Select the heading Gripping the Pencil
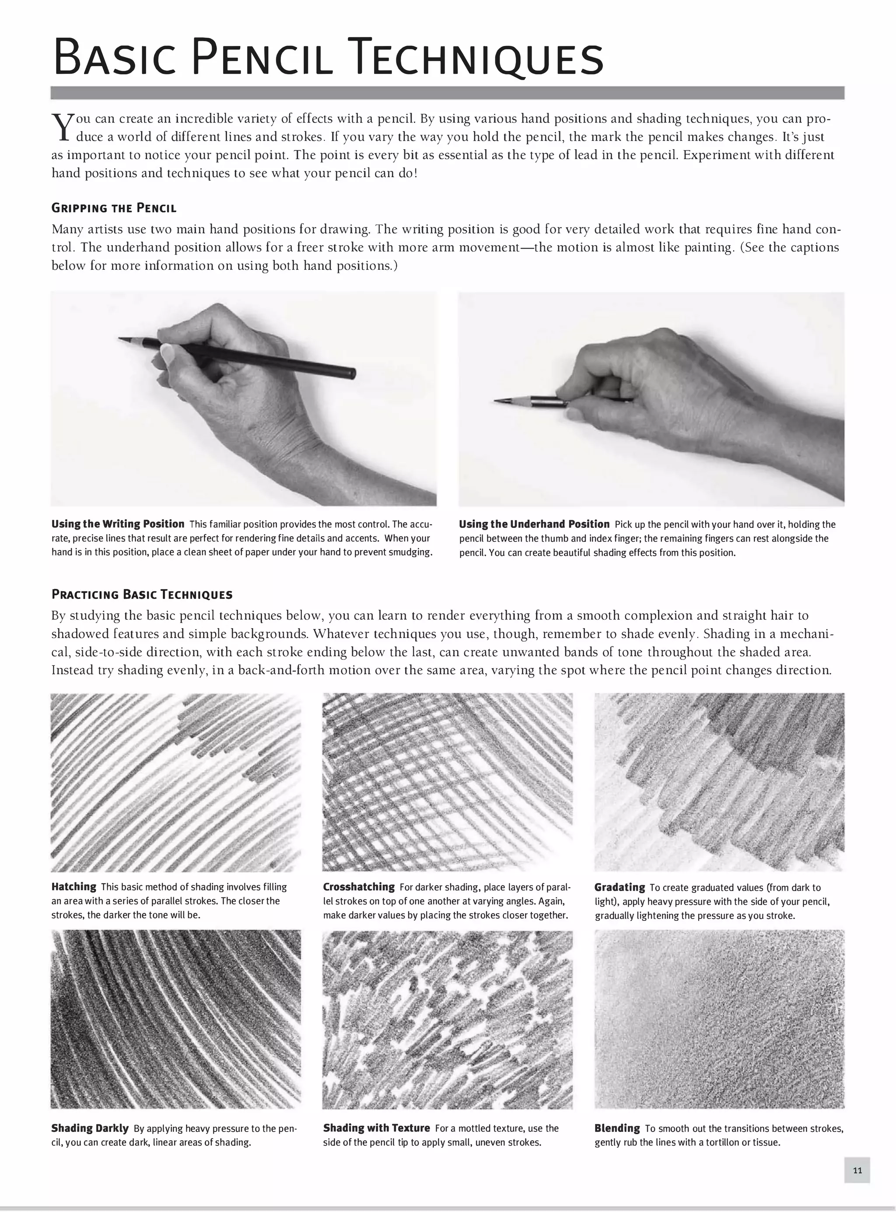114,208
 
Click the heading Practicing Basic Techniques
142,594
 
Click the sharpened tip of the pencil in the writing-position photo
120,339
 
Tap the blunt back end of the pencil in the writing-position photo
353,373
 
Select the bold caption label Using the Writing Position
118,524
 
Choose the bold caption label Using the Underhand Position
534,524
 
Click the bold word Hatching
74,887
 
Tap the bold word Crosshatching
358,887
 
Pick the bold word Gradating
619,887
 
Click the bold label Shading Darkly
90,1128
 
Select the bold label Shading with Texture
376,1128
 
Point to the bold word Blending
617,1128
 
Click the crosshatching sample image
447,782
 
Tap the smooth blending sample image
719,1018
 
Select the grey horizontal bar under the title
447,93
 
